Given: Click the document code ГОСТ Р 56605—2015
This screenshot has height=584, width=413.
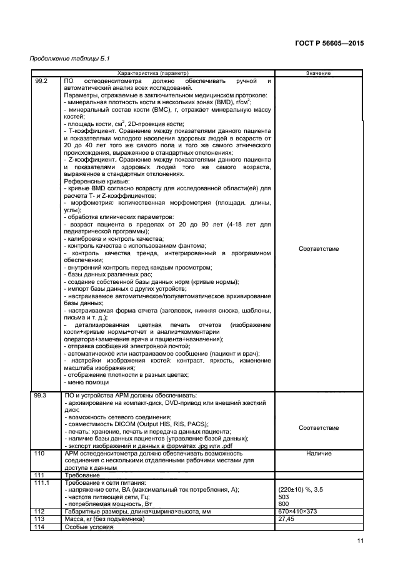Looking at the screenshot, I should (x=329, y=44).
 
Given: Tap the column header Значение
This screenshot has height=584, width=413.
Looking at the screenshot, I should (x=319, y=74).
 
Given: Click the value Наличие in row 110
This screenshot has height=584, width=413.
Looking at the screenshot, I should (x=319, y=454).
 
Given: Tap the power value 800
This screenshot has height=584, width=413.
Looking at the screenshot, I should (x=284, y=504).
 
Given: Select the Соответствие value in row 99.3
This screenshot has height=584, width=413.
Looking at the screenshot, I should (x=319, y=428).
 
